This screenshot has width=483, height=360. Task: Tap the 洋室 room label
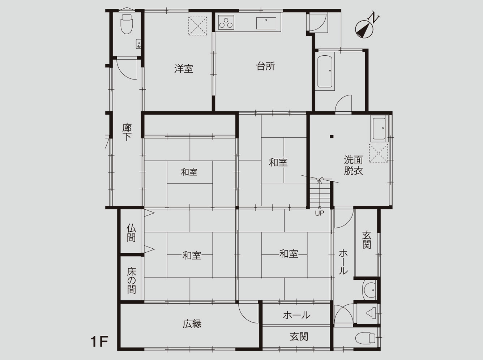pyautogui.click(x=184, y=69)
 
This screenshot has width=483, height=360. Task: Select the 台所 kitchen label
pyautogui.click(x=266, y=66)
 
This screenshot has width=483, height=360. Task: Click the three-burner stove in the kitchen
pyautogui.click(x=226, y=22)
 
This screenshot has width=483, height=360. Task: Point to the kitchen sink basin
pyautogui.click(x=266, y=23)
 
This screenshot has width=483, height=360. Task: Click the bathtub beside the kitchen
pyautogui.click(x=325, y=72)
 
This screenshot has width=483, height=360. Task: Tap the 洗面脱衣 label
pyautogui.click(x=353, y=166)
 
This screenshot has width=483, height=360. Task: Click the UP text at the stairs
pyautogui.click(x=320, y=213)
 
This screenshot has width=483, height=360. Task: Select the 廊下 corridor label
pyautogui.click(x=127, y=132)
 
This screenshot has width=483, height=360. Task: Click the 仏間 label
pyautogui.click(x=131, y=233)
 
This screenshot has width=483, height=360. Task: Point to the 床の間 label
pyautogui.click(x=131, y=281)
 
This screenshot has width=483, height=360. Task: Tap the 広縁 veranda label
pyautogui.click(x=192, y=324)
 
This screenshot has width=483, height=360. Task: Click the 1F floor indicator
pyautogui.click(x=99, y=342)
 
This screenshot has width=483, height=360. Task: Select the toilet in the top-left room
pyautogui.click(x=127, y=24)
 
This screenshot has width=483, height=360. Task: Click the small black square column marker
pyautogui.click(x=332, y=137)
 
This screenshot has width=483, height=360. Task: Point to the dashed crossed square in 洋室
pyautogui.click(x=198, y=26)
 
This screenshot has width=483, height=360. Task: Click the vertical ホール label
pyautogui.click(x=343, y=262)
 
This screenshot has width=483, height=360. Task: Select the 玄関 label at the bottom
pyautogui.click(x=299, y=337)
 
